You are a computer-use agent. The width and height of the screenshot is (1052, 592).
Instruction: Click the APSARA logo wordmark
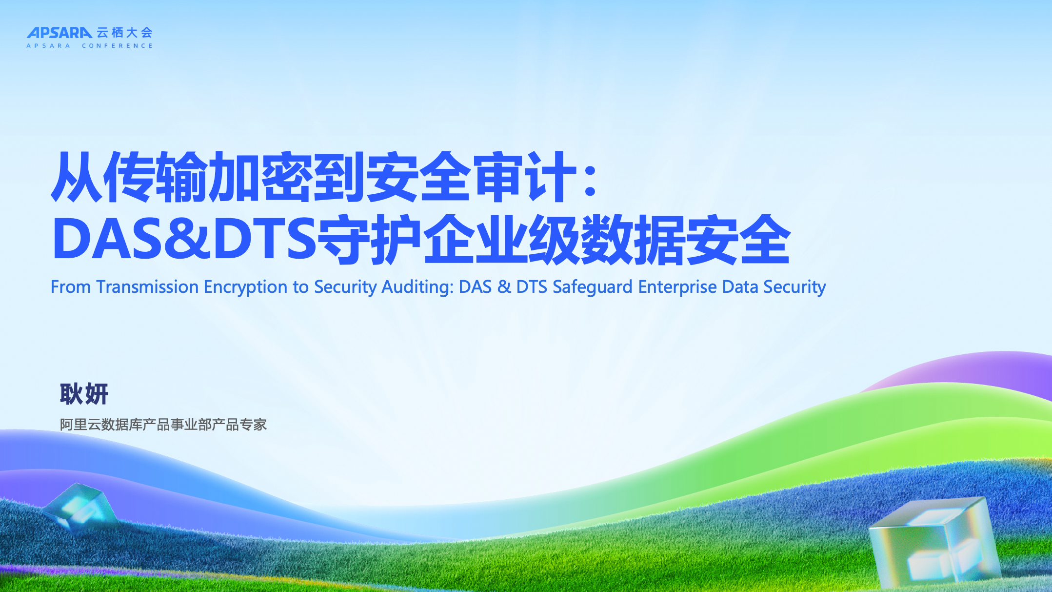point(59,33)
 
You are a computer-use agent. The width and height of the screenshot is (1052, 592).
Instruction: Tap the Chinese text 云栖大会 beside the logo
point(125,33)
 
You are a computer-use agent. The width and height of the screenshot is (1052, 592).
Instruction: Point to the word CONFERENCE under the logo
point(118,46)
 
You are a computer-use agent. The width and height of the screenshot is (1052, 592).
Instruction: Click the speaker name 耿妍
point(84,394)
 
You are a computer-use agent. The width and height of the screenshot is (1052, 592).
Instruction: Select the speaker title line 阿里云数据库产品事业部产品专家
point(163,425)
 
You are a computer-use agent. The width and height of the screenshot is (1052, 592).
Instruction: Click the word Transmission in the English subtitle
point(147,287)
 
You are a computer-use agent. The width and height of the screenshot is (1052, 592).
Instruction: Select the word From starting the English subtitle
point(71,287)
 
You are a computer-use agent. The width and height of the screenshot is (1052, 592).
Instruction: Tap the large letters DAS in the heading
point(108,239)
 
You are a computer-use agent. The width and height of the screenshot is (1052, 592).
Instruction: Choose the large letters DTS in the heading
point(265,239)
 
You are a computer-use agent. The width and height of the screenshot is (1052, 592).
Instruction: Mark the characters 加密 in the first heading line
point(260,177)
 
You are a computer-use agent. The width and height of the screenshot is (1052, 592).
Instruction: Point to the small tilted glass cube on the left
point(79,507)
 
